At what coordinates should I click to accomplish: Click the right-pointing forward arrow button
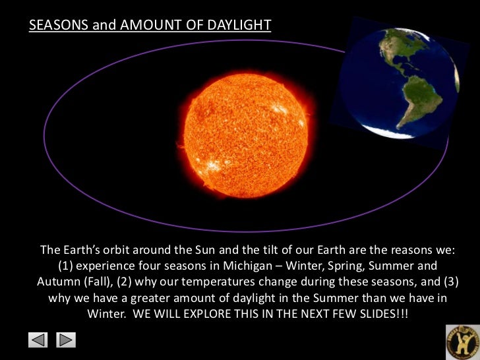click(x=67, y=340)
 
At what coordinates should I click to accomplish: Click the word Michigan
click(x=249, y=266)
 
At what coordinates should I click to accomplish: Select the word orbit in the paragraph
click(x=120, y=251)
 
